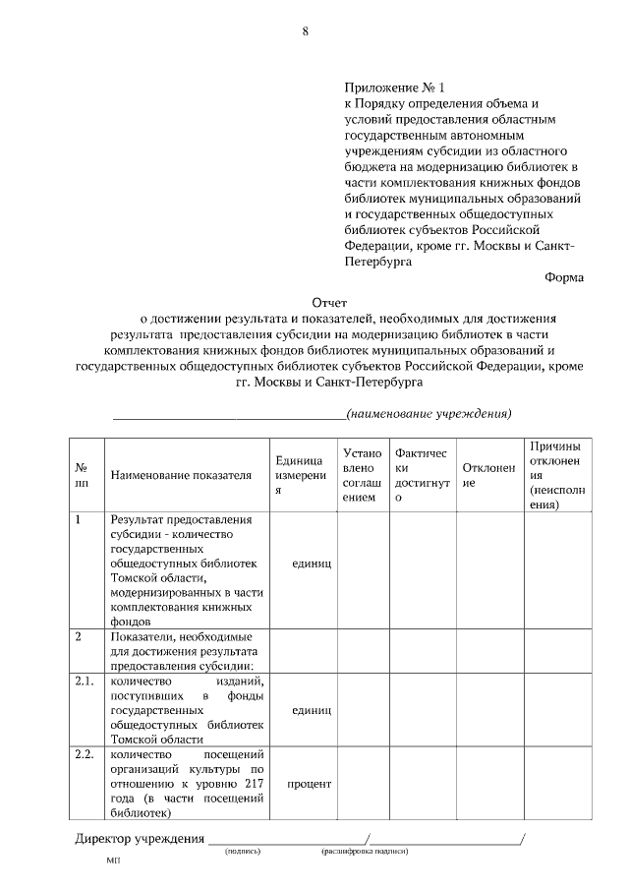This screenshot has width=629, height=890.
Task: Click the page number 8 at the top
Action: click(306, 31)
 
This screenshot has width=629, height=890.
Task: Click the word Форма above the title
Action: click(564, 277)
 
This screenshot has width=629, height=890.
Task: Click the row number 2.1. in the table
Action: click(85, 681)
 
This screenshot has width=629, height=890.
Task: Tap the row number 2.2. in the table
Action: click(85, 754)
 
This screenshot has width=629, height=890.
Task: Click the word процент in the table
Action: click(309, 784)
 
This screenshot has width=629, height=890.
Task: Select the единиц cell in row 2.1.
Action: click(312, 710)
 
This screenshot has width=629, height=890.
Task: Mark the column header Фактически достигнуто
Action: click(422, 476)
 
